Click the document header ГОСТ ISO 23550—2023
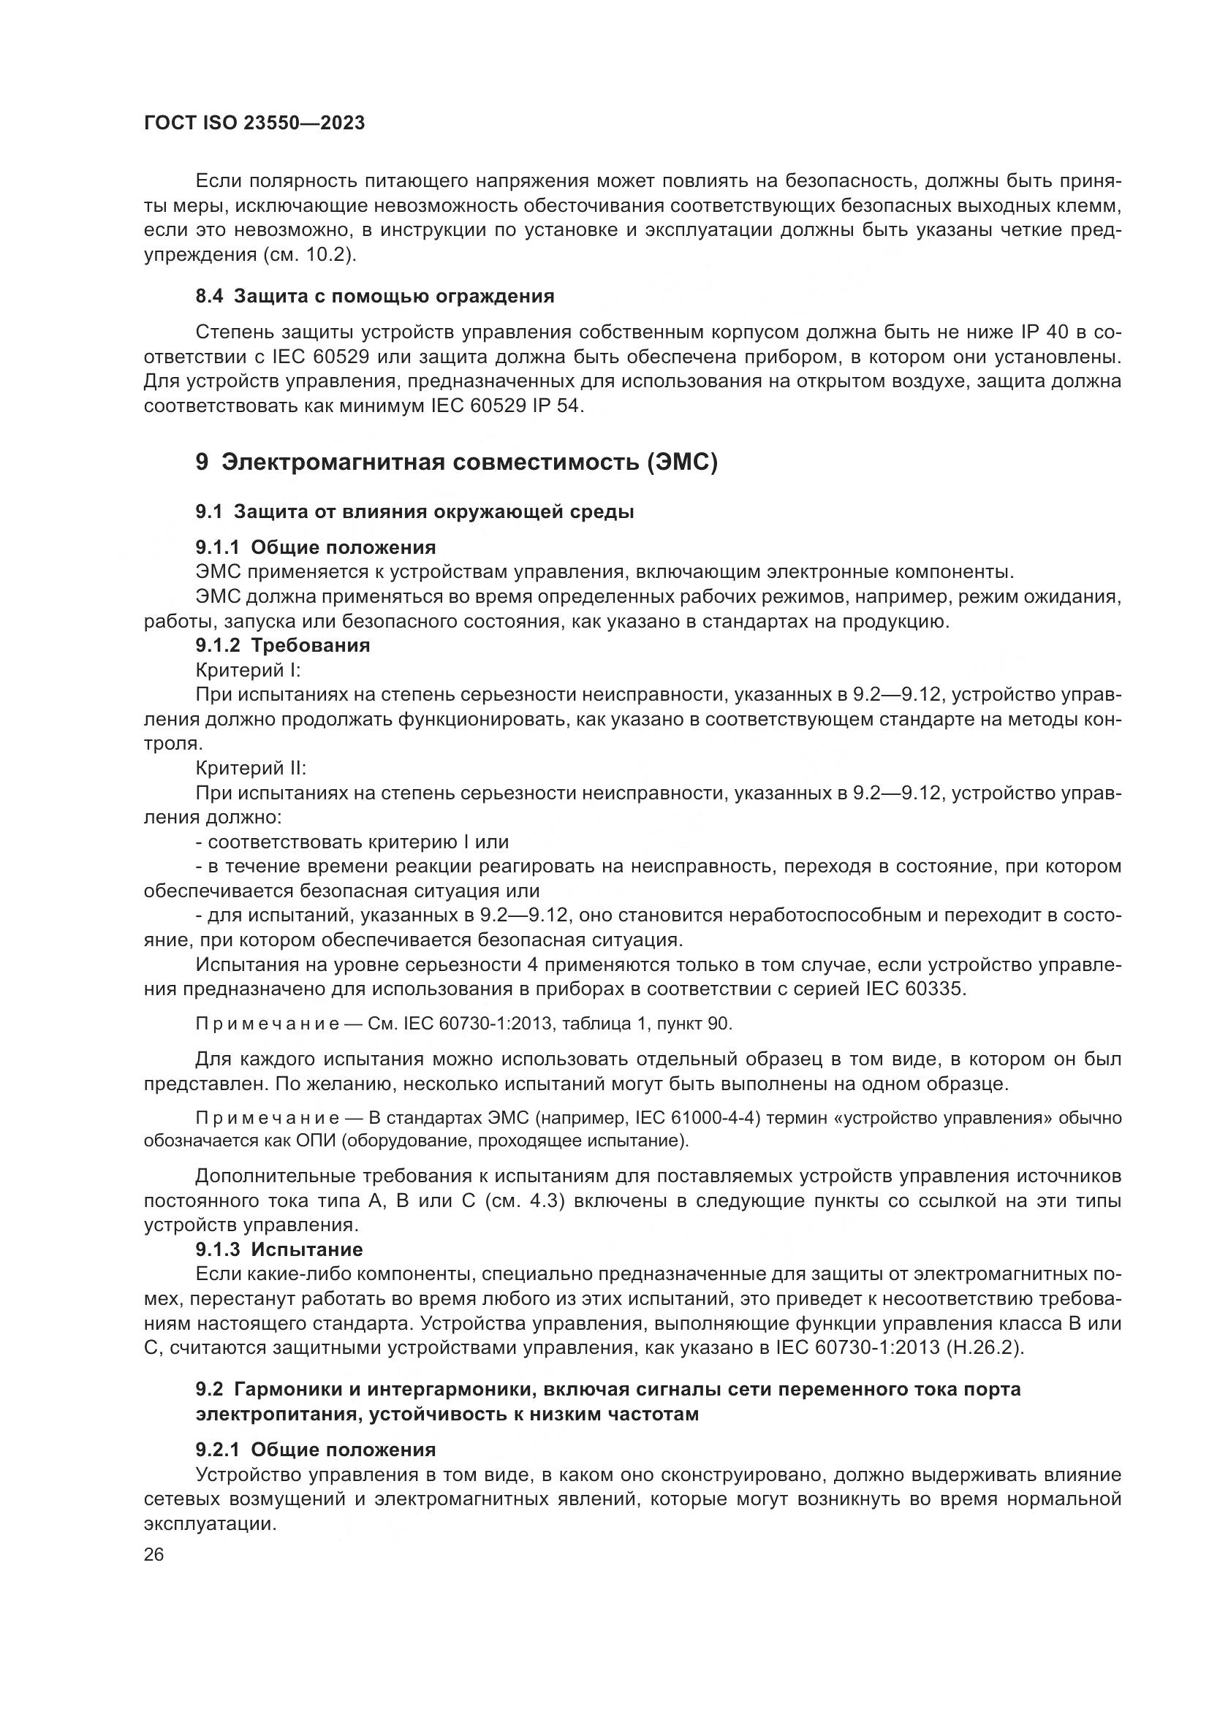(254, 123)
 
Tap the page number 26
(154, 1554)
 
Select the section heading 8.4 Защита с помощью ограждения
(374, 296)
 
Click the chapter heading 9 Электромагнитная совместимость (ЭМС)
(456, 463)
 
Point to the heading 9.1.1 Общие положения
(316, 547)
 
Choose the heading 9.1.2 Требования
(283, 644)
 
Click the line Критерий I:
(248, 670)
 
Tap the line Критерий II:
(251, 768)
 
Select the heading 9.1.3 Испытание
(279, 1249)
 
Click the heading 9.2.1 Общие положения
(316, 1449)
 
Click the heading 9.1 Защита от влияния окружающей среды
(414, 511)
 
